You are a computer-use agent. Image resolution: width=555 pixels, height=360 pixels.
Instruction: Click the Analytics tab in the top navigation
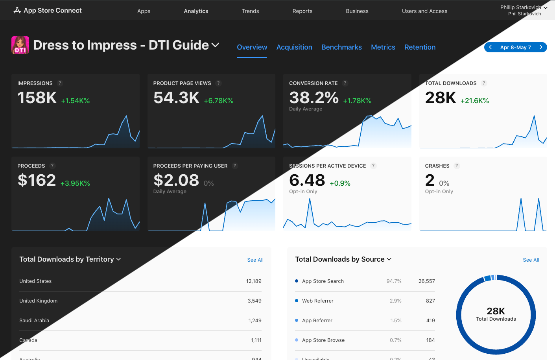click(x=196, y=11)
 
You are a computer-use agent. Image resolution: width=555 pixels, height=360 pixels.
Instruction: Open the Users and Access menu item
click(x=424, y=11)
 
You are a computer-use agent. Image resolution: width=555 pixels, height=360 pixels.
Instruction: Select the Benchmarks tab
click(x=341, y=47)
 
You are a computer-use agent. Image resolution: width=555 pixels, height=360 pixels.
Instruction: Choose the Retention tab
click(x=420, y=47)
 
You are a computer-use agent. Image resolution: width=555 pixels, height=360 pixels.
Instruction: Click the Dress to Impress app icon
click(x=20, y=45)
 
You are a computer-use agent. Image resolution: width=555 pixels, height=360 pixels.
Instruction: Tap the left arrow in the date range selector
click(x=490, y=47)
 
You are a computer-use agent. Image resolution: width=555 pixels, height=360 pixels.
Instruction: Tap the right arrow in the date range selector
click(x=541, y=47)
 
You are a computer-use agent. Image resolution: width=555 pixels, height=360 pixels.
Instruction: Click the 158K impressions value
click(x=37, y=98)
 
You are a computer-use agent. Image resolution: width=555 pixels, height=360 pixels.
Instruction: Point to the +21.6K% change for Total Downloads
click(x=474, y=101)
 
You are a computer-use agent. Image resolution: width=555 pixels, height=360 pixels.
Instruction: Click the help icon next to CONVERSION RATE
click(x=345, y=83)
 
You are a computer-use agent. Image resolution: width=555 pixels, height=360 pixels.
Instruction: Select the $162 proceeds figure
click(x=37, y=180)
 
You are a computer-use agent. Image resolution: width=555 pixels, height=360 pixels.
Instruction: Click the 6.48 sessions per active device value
click(x=307, y=180)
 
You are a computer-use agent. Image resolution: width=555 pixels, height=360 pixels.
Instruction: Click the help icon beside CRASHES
click(x=457, y=166)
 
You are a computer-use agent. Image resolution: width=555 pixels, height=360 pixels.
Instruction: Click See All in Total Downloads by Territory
click(x=255, y=260)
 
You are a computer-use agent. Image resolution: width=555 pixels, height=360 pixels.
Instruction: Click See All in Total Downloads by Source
click(x=531, y=260)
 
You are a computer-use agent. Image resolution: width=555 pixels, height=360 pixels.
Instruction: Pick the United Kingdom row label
click(x=39, y=301)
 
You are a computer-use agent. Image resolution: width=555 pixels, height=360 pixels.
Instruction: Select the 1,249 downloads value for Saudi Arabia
click(x=255, y=321)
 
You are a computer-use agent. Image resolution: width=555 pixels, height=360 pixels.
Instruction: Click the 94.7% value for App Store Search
click(x=394, y=281)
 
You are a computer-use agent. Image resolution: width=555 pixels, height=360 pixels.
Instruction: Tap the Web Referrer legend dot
click(x=297, y=301)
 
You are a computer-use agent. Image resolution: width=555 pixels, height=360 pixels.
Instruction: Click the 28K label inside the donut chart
click(x=496, y=311)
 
